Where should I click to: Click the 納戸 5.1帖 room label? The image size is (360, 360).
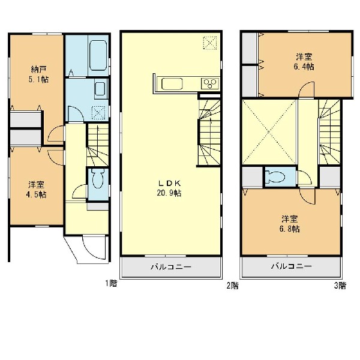38,74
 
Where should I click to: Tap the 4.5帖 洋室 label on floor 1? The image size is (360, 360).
37,190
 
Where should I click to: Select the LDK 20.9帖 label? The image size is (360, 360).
169,188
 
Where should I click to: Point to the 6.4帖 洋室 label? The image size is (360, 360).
304,62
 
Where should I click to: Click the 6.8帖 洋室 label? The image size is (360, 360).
290,224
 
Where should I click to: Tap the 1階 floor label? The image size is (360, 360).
111,284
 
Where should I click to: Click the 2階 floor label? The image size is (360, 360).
233,286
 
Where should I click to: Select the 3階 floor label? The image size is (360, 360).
340,286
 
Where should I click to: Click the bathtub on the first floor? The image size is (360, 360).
98,55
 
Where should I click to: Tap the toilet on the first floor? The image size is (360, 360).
98,178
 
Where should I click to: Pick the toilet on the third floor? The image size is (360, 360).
275,177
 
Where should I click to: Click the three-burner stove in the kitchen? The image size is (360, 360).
210,83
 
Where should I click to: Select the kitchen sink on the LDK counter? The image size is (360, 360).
172,84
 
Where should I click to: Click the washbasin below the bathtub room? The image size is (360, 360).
100,89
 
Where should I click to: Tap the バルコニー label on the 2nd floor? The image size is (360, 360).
171,267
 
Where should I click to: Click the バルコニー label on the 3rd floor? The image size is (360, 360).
292,266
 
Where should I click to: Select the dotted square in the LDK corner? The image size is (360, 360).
210,43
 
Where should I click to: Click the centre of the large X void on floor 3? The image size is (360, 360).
269,132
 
